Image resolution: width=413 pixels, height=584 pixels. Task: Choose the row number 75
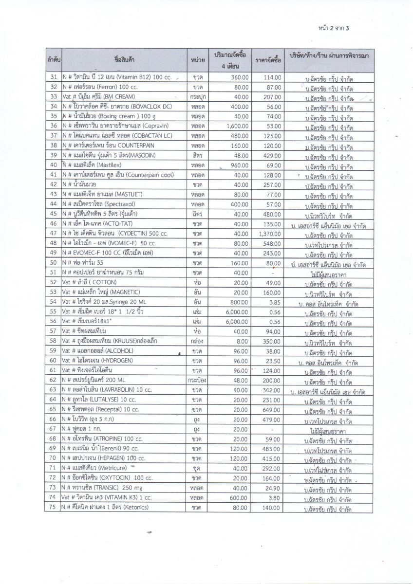54,507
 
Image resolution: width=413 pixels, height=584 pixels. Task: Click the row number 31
54,77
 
